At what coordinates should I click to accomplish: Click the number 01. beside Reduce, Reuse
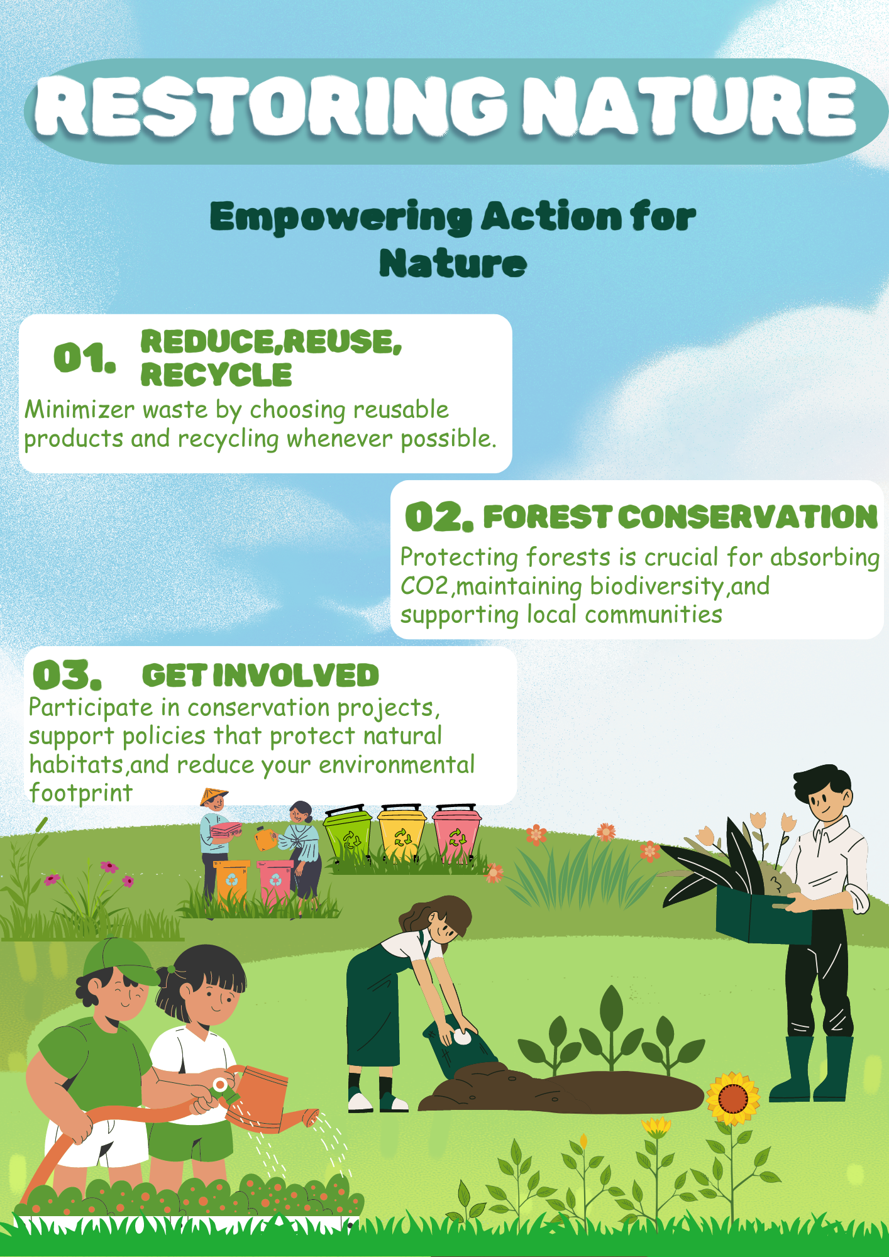coord(85,358)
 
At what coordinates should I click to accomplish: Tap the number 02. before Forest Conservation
coord(439,517)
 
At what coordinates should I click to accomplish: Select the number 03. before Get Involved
coord(67,675)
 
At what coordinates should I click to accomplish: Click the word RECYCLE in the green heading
coord(216,375)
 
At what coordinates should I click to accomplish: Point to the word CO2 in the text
coord(424,586)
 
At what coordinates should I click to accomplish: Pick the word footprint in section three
coord(81,793)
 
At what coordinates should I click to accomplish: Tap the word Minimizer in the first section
coord(80,410)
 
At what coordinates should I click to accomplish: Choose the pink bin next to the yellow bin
coord(457,832)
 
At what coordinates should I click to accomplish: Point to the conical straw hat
coord(214,796)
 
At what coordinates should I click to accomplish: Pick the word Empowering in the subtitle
coord(341,218)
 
